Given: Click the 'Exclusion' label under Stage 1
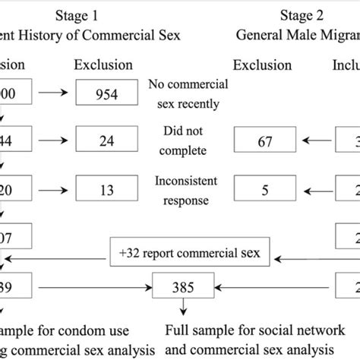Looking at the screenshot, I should [x=102, y=65].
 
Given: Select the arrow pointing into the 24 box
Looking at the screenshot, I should [x=60, y=140].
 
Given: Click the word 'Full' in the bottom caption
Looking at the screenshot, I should [x=177, y=330].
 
